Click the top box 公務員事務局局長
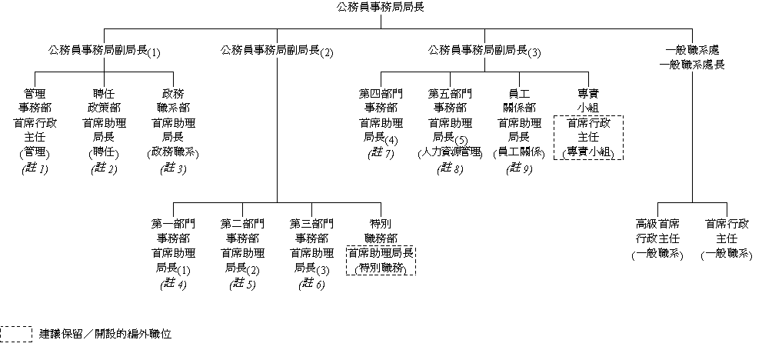pyautogui.click(x=381, y=8)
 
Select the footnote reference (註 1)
pyautogui.click(x=35, y=168)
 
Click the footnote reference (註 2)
pyautogui.click(x=104, y=168)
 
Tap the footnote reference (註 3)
pyautogui.click(x=173, y=168)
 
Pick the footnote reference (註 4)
pyautogui.click(x=173, y=284)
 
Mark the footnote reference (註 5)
pyautogui.click(x=242, y=284)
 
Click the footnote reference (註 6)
pyautogui.click(x=311, y=284)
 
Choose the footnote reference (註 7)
pyautogui.click(x=381, y=155)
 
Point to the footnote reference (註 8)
pyautogui.click(x=450, y=168)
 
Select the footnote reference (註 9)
pyautogui.click(x=519, y=168)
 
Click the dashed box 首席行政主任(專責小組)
pyautogui.click(x=588, y=138)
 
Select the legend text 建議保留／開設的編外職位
pyautogui.click(x=105, y=335)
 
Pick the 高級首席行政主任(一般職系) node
pyautogui.click(x=657, y=238)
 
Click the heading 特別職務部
pyautogui.click(x=381, y=231)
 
